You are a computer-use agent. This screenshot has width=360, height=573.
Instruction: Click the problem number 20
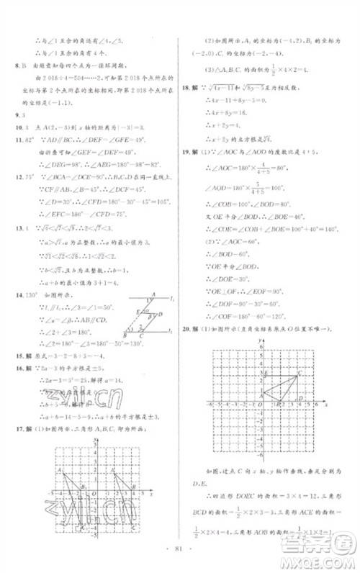189,329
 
